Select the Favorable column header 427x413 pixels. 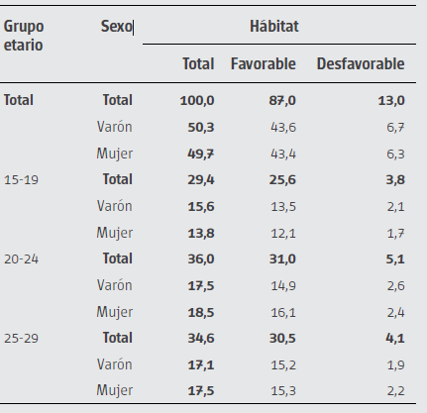click(263, 63)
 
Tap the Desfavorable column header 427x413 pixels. click(360, 63)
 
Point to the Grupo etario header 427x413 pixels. click(25, 36)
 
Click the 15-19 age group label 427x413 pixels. click(24, 179)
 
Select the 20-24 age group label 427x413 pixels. click(24, 258)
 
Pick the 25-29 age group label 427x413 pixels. click(24, 337)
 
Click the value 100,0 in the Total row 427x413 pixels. click(197, 100)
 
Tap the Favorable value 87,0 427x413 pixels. click(280, 100)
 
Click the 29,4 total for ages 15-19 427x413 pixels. click(200, 179)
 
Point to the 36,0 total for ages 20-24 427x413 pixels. click(200, 258)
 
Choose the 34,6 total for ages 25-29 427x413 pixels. click(200, 337)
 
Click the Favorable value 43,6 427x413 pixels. click(282, 127)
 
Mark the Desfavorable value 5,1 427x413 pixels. click(393, 258)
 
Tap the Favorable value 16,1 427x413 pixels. click(282, 311)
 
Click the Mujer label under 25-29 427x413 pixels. click(114, 390)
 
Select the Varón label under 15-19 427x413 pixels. click(114, 206)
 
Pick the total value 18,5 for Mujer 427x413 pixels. click(200, 311)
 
